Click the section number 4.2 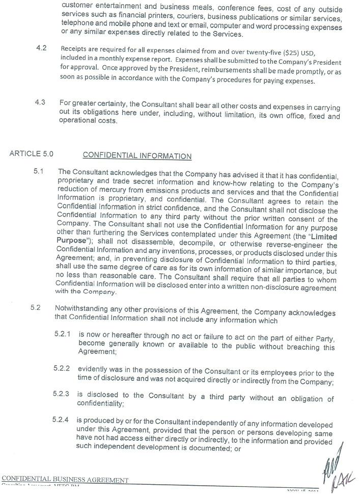pos(41,48)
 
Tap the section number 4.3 pos(40,102)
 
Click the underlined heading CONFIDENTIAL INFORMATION pos(137,156)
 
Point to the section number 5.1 pos(39,171)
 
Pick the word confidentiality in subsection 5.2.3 pos(99,403)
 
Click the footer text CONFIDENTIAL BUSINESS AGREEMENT pos(65,480)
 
